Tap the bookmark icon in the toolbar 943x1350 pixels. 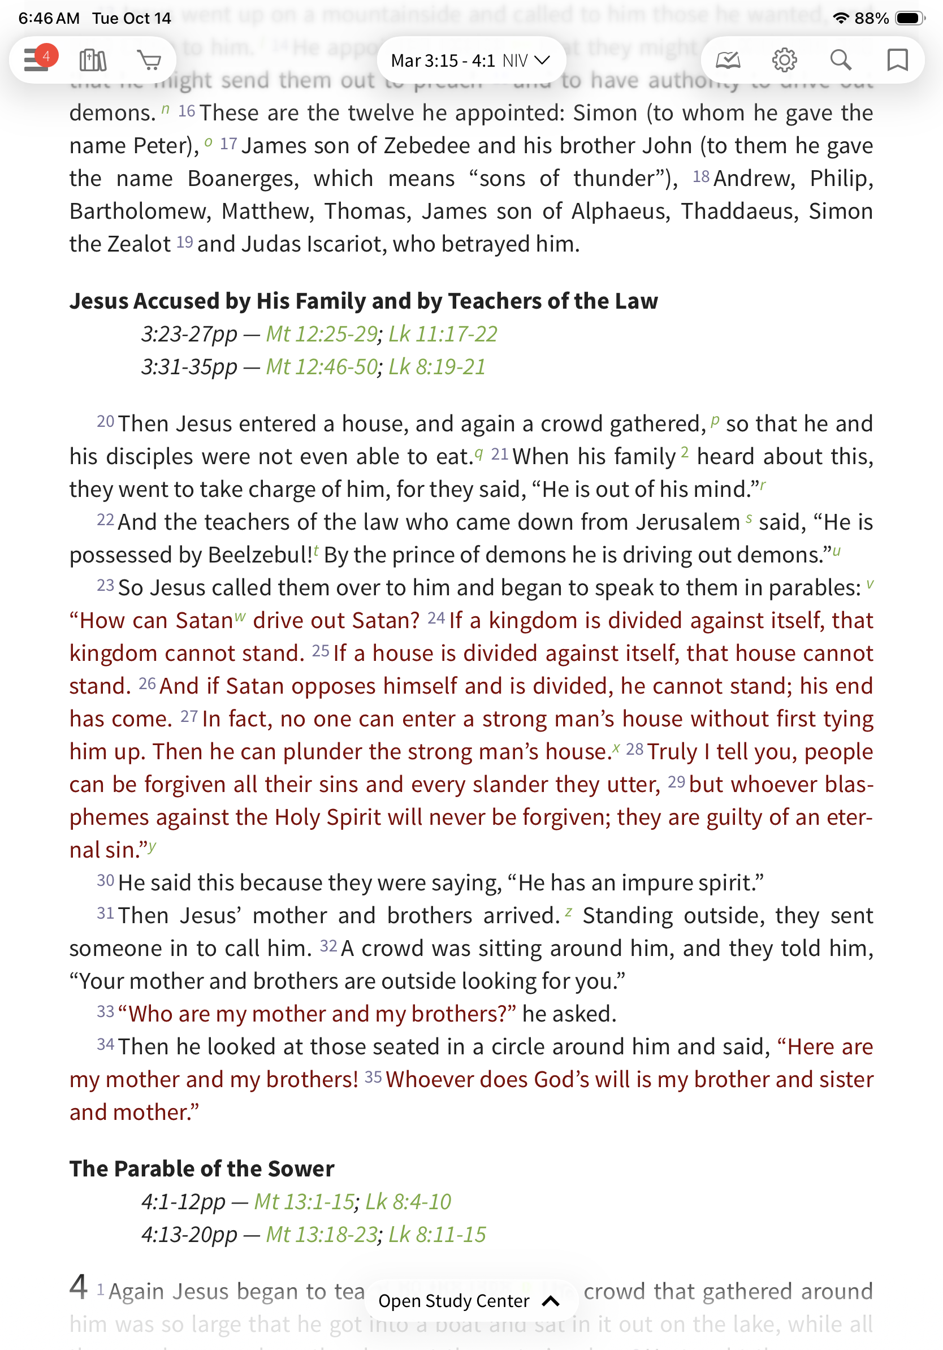coord(897,60)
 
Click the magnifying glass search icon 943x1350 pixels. coord(841,60)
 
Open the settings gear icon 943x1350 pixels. coord(784,60)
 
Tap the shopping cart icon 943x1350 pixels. coord(149,60)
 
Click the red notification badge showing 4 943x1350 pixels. coord(46,56)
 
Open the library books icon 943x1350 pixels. coord(93,60)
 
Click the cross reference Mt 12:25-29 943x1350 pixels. coord(321,334)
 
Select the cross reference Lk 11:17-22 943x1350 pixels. coord(443,334)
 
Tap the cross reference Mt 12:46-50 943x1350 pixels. coord(321,367)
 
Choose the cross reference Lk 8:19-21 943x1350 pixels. coord(437,367)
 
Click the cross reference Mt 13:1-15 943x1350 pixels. coord(304,1201)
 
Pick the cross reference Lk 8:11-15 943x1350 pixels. coord(437,1234)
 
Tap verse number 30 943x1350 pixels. coord(105,880)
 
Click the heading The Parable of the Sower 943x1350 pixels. coord(202,1169)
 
